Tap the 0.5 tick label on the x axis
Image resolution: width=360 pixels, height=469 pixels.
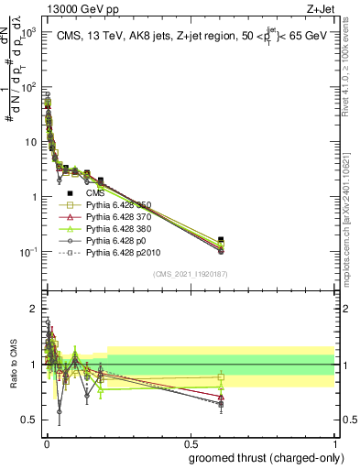[x=190, y=442]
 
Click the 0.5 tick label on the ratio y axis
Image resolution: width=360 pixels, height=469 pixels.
[x=29, y=420]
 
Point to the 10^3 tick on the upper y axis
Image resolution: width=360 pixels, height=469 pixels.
[x=27, y=32]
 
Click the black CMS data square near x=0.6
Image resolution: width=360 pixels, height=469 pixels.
[x=221, y=240]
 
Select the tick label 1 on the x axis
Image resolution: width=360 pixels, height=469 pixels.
[x=333, y=442]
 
